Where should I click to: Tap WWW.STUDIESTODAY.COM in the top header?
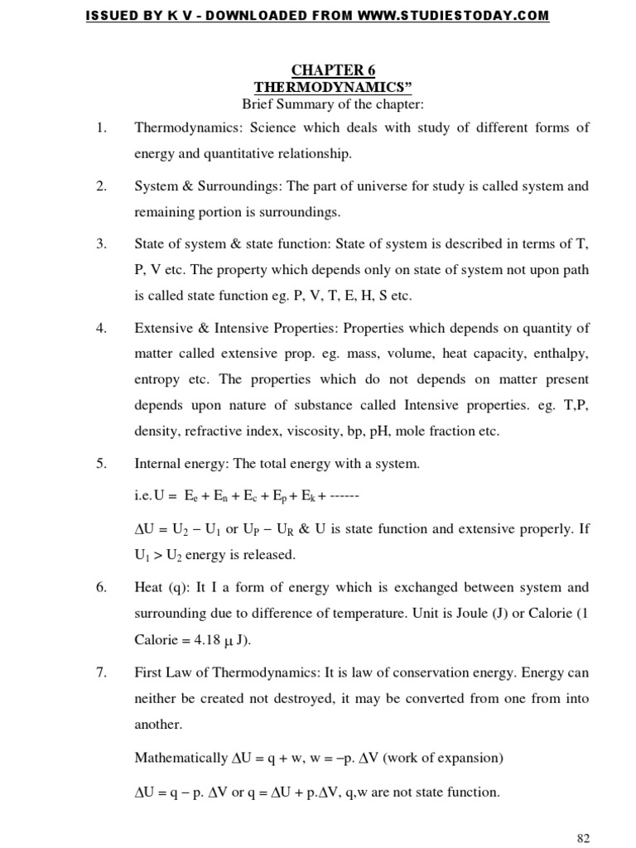pos(465,16)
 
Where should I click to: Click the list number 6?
pos(102,587)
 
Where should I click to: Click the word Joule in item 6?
pos(471,614)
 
